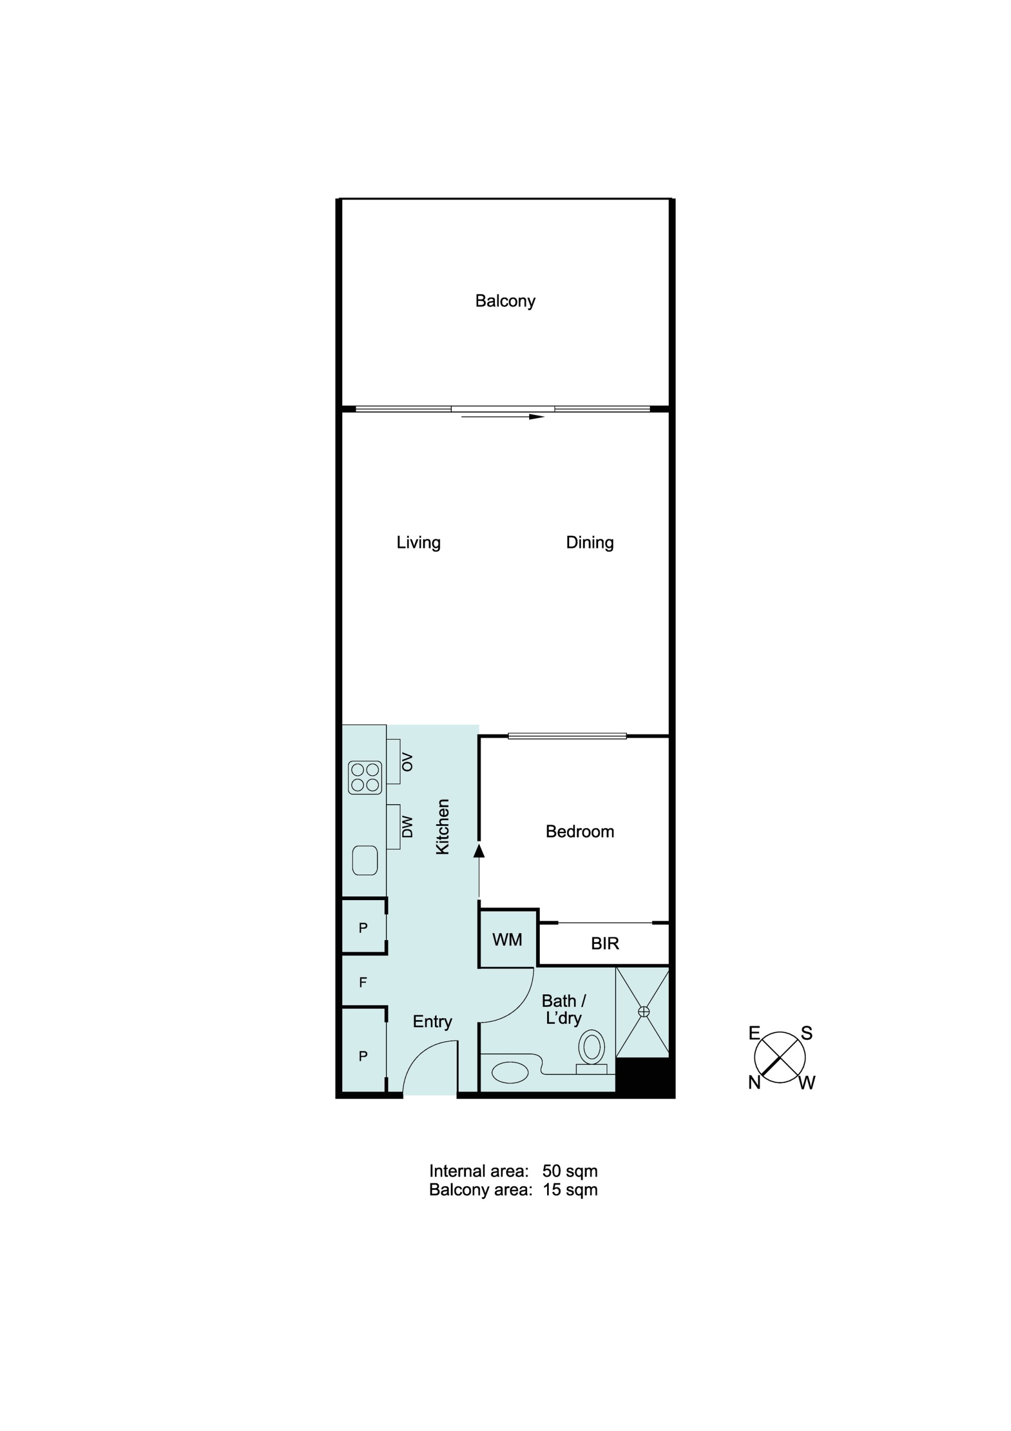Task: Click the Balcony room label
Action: (505, 301)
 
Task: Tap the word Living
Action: (418, 542)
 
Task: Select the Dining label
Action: (590, 542)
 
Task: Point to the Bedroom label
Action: (580, 832)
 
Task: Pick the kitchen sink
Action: (365, 860)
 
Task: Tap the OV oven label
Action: (407, 762)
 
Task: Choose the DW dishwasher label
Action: (407, 827)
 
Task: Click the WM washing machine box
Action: (508, 939)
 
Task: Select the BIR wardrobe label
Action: (604, 944)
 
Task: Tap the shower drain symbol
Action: (644, 1012)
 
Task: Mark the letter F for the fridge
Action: (363, 983)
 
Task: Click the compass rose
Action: (780, 1057)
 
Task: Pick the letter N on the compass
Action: (754, 1083)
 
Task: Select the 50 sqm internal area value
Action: (570, 1171)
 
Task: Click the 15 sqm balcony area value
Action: (570, 1190)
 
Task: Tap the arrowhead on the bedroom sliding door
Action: (479, 850)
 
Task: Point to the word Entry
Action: (432, 1022)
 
